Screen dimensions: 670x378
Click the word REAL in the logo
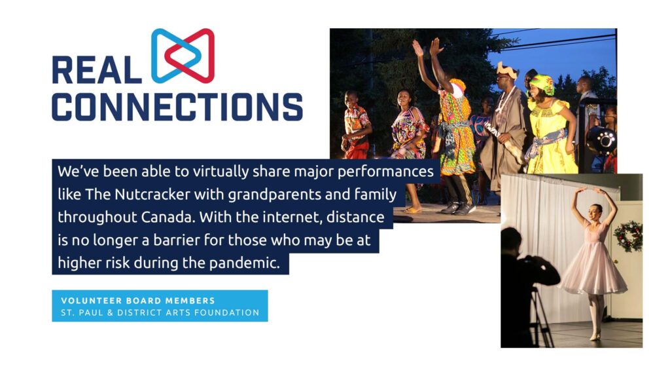[x=97, y=69]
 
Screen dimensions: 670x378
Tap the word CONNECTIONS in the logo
[x=177, y=107]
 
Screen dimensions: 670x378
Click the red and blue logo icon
[x=183, y=56]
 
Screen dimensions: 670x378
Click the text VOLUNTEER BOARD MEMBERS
[x=138, y=301]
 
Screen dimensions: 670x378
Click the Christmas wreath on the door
[x=628, y=236]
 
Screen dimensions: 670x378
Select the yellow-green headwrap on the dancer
[x=542, y=83]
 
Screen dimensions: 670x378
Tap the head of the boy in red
[x=351, y=99]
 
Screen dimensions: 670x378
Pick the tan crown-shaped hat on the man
[x=507, y=69]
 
